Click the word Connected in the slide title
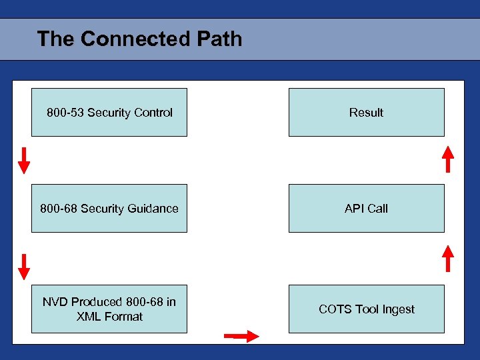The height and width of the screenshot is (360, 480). click(x=135, y=39)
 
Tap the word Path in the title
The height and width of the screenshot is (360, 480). click(x=219, y=39)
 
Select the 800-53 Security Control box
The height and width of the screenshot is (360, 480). click(x=109, y=112)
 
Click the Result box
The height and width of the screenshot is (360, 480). click(x=366, y=112)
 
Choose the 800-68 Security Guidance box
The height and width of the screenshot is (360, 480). click(x=109, y=208)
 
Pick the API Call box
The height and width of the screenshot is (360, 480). click(x=366, y=208)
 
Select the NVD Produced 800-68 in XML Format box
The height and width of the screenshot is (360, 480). click(x=109, y=309)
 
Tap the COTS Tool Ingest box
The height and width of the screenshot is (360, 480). click(x=366, y=309)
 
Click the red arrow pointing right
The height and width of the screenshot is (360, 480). click(x=241, y=336)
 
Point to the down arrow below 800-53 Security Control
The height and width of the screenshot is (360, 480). click(x=24, y=161)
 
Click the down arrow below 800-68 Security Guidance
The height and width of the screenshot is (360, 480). click(x=24, y=266)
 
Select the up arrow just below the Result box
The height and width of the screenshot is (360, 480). click(x=449, y=159)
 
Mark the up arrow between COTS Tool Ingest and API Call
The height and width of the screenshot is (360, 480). click(x=449, y=259)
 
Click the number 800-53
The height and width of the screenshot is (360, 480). click(x=65, y=113)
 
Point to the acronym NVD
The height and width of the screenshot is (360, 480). click(x=55, y=302)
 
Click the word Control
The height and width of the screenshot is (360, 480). click(x=154, y=113)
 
